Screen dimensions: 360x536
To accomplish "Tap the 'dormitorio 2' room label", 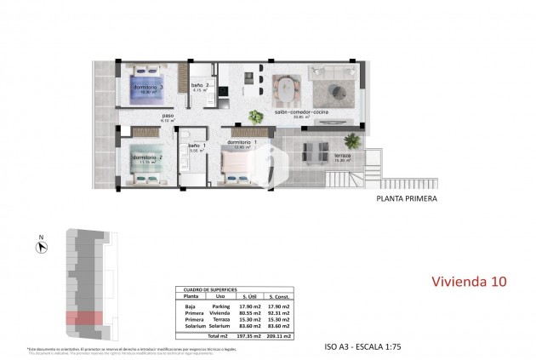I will click(150, 158).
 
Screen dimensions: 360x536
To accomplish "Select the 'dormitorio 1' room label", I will click(248, 142).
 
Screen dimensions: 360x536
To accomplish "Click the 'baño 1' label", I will click(197, 146).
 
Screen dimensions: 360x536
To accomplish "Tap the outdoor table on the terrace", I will click(312, 153).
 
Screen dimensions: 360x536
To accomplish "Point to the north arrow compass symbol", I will click(40, 248).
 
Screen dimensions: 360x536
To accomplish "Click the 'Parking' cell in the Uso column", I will click(220, 307).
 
